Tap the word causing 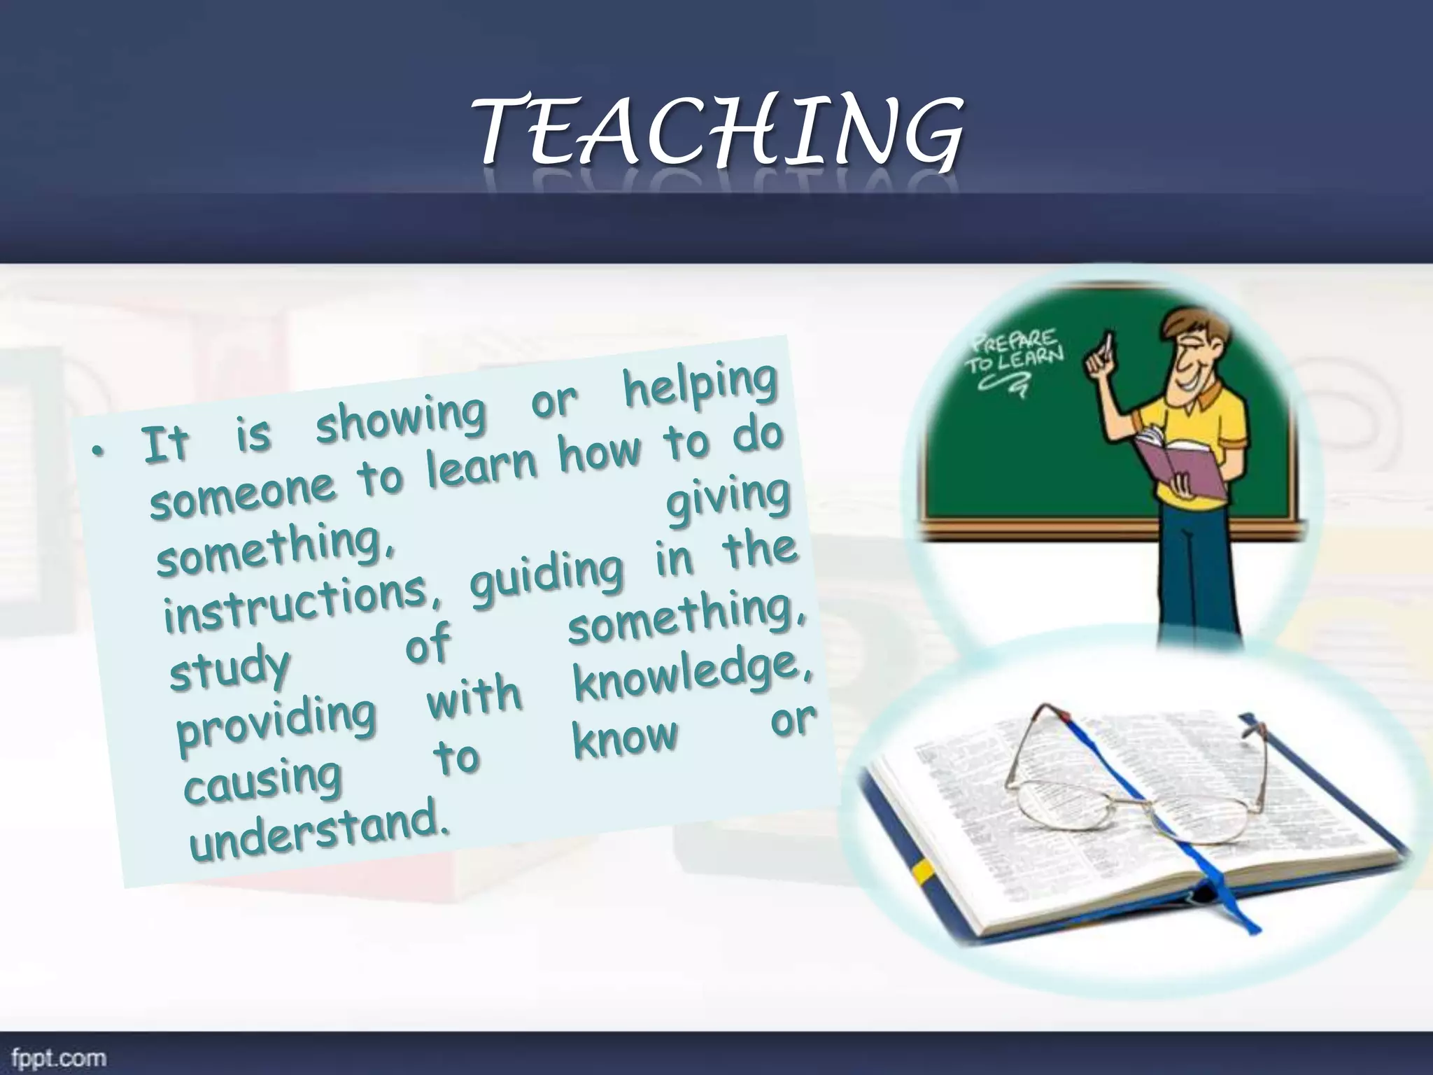(x=262, y=782)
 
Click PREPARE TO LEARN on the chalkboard (x=1015, y=357)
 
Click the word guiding (x=546, y=576)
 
